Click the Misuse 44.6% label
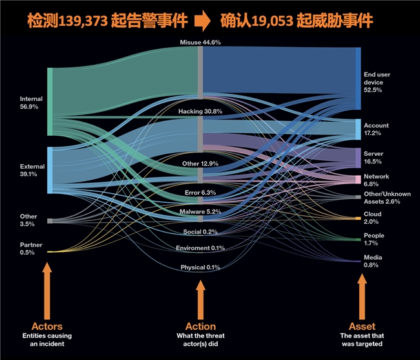pyautogui.click(x=200, y=42)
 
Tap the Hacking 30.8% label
pyautogui.click(x=200, y=111)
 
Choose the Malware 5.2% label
pyautogui.click(x=200, y=211)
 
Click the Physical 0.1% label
pyautogui.click(x=200, y=268)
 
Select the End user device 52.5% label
pyautogui.click(x=377, y=82)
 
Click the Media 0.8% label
pyautogui.click(x=372, y=261)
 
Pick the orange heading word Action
pyautogui.click(x=200, y=326)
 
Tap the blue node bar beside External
pyautogui.click(x=50, y=170)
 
